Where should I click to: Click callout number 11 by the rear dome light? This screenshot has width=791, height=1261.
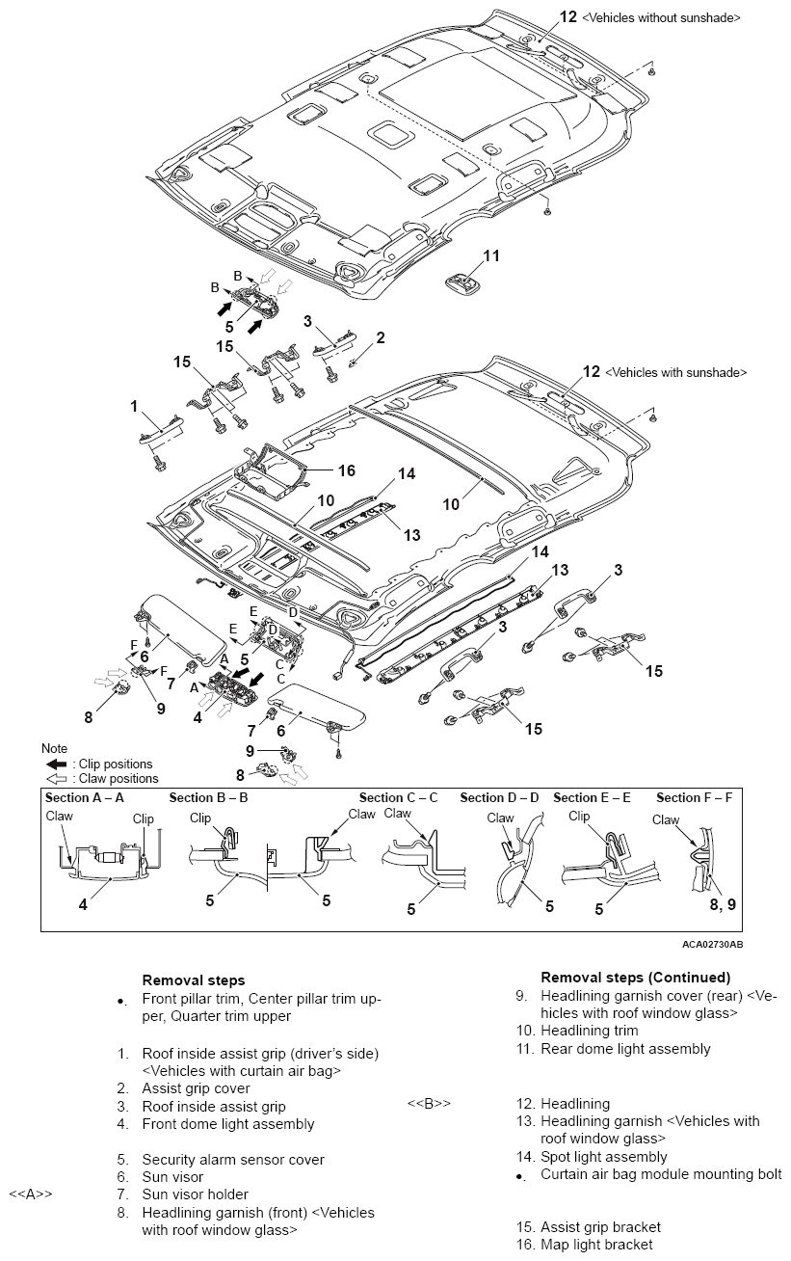click(x=491, y=255)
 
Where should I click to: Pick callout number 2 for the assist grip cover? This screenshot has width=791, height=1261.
click(x=381, y=337)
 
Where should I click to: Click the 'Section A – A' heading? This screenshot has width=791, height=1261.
click(x=85, y=797)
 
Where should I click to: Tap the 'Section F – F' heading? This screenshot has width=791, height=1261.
click(x=694, y=797)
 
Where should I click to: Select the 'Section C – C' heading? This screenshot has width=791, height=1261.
click(x=398, y=797)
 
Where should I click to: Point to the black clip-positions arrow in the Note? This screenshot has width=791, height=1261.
click(x=56, y=764)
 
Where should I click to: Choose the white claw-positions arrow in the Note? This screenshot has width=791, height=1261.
click(x=56, y=778)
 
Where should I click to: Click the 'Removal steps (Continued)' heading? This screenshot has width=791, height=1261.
click(x=635, y=978)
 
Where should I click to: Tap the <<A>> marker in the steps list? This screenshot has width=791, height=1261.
click(x=30, y=1194)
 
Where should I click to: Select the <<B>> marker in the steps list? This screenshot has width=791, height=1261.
click(x=429, y=1103)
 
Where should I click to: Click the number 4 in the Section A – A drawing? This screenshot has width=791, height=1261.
click(x=83, y=905)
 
